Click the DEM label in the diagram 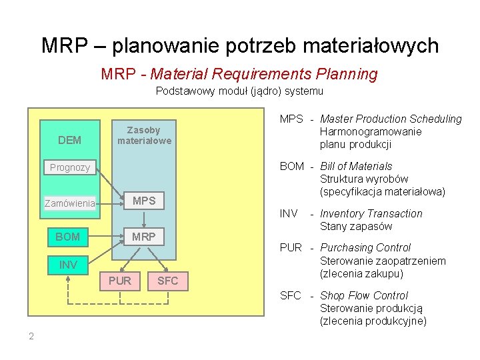point(69,140)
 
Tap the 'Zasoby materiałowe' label point(144,135)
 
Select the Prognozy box point(69,167)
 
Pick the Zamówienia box point(69,203)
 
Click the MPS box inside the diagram point(144,201)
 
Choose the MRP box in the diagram point(144,237)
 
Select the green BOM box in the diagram point(68,237)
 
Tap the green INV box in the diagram point(68,265)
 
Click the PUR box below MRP point(120,281)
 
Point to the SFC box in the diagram point(167,281)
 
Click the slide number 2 point(31,336)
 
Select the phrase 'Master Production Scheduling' point(391,119)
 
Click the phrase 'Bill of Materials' point(356,166)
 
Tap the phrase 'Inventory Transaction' point(371,214)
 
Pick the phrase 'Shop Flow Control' point(364,295)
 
